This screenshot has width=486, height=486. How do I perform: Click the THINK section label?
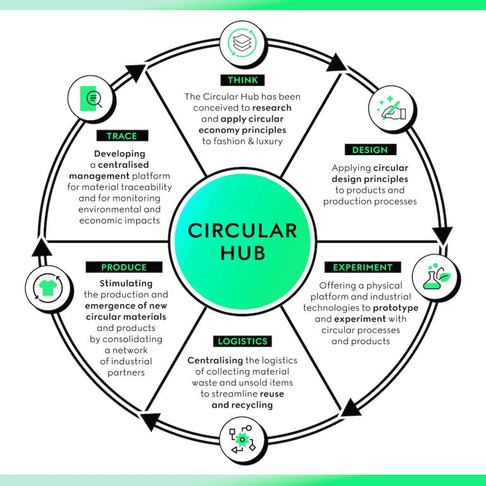tap(243, 80)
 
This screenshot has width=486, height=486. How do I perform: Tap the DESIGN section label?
tap(370, 150)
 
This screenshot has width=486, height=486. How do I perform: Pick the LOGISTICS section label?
tap(242, 341)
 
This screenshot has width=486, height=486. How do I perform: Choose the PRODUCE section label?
tap(124, 267)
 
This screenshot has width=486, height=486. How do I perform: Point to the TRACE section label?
tap(121, 135)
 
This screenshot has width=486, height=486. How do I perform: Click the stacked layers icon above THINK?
tap(243, 43)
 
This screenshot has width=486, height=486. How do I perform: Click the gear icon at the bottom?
tap(242, 439)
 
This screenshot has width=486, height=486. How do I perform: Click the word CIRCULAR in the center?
tap(242, 230)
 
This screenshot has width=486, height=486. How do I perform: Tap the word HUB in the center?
tap(242, 252)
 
